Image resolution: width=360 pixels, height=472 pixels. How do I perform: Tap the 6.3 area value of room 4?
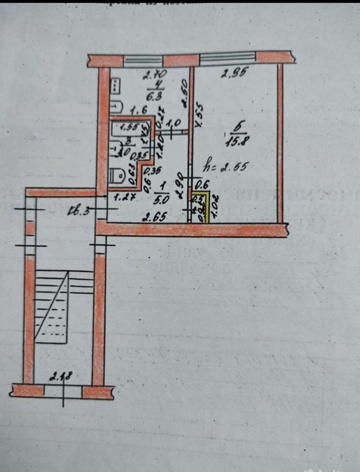[x=154, y=97]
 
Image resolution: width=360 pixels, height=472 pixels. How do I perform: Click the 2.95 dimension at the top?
[x=234, y=73]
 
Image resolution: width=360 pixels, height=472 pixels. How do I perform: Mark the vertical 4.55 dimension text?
[x=199, y=116]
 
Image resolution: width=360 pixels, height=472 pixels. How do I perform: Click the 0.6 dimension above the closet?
[x=201, y=185]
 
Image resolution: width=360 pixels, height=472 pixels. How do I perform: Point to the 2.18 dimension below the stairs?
[x=60, y=377]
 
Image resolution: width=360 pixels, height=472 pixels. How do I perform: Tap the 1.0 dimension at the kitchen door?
[x=174, y=122]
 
